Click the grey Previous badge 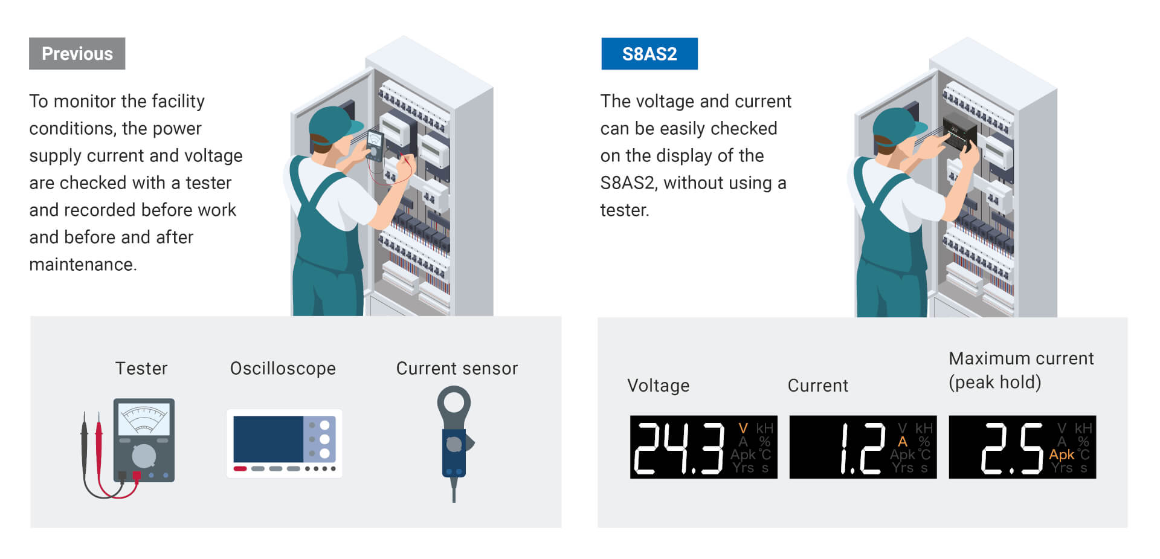pos(77,54)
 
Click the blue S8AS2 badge pos(649,54)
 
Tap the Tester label pos(141,368)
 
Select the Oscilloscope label pos(283,368)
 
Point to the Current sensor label pos(457,368)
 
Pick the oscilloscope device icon pos(285,443)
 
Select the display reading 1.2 pos(863,448)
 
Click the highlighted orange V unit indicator pos(743,428)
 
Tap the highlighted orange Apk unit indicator pos(1062,454)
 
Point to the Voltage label pos(659,386)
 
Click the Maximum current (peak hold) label pos(1021,370)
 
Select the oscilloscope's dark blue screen pos(268,439)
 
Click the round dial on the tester pos(144,456)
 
